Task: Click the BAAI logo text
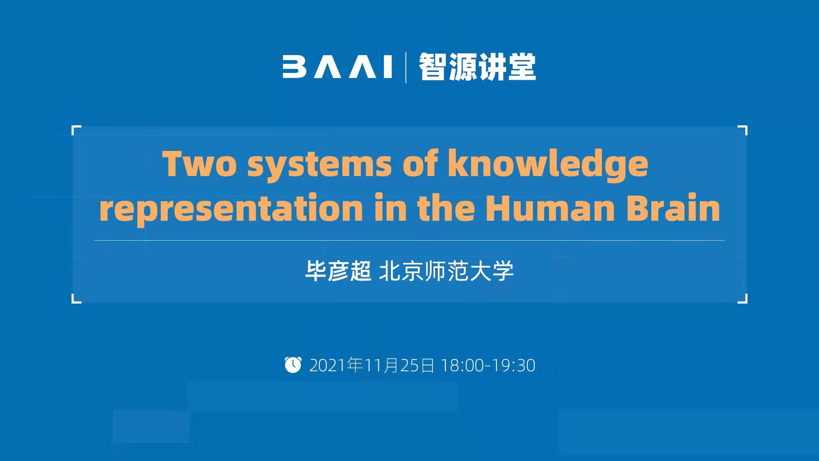[338, 67]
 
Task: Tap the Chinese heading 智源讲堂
[477, 67]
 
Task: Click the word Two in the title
[200, 163]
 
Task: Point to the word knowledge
[548, 165]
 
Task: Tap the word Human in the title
[550, 208]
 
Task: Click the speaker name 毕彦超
[338, 271]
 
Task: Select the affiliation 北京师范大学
[446, 271]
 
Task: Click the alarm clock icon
[293, 364]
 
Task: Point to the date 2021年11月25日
[372, 365]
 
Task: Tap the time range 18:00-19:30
[488, 366]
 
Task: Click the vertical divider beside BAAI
[406, 67]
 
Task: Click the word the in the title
[446, 207]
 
